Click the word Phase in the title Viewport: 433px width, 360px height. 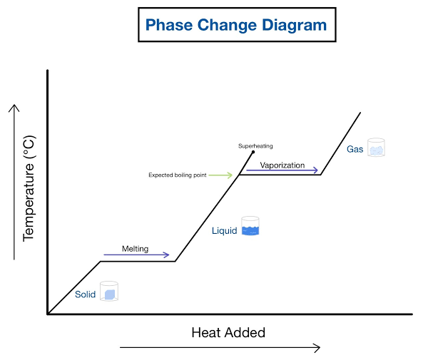(x=167, y=25)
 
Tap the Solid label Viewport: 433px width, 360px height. (x=86, y=294)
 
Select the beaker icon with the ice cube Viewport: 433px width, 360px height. (x=109, y=291)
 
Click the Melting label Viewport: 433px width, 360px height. (x=135, y=249)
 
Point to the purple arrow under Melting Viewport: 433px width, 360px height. (x=136, y=255)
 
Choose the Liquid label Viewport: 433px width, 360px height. (x=225, y=230)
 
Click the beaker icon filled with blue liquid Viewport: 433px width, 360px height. (x=250, y=226)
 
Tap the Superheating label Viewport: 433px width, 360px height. (x=255, y=146)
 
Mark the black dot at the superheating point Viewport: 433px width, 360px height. (x=253, y=153)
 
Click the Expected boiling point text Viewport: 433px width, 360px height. (x=178, y=175)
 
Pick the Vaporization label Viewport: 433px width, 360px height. (x=282, y=165)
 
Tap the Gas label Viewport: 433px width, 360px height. (x=355, y=149)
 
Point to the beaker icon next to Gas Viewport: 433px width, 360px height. (x=376, y=147)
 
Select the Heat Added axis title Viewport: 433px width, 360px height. (x=228, y=332)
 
